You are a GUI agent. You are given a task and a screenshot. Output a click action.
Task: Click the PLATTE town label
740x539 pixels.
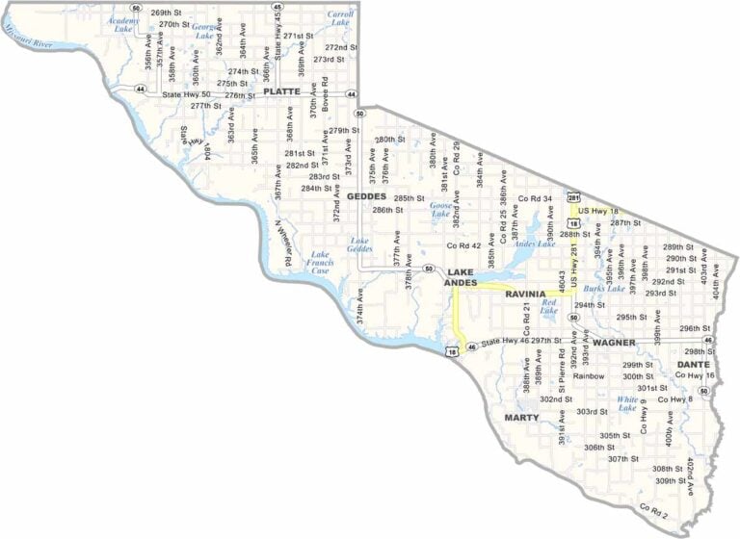point(281,91)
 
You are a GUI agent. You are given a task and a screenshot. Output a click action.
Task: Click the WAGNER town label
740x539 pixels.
point(616,342)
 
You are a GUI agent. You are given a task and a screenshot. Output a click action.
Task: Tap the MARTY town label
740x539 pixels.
point(522,418)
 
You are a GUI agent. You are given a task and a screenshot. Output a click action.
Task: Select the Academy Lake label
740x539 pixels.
point(122,24)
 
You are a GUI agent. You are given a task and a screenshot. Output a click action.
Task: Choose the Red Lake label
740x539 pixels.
point(549,306)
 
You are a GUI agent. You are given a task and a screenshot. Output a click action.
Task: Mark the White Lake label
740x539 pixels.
point(627,403)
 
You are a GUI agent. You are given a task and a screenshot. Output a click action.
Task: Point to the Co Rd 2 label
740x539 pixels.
point(653,505)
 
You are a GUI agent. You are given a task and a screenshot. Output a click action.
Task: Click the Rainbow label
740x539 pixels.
point(589,376)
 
